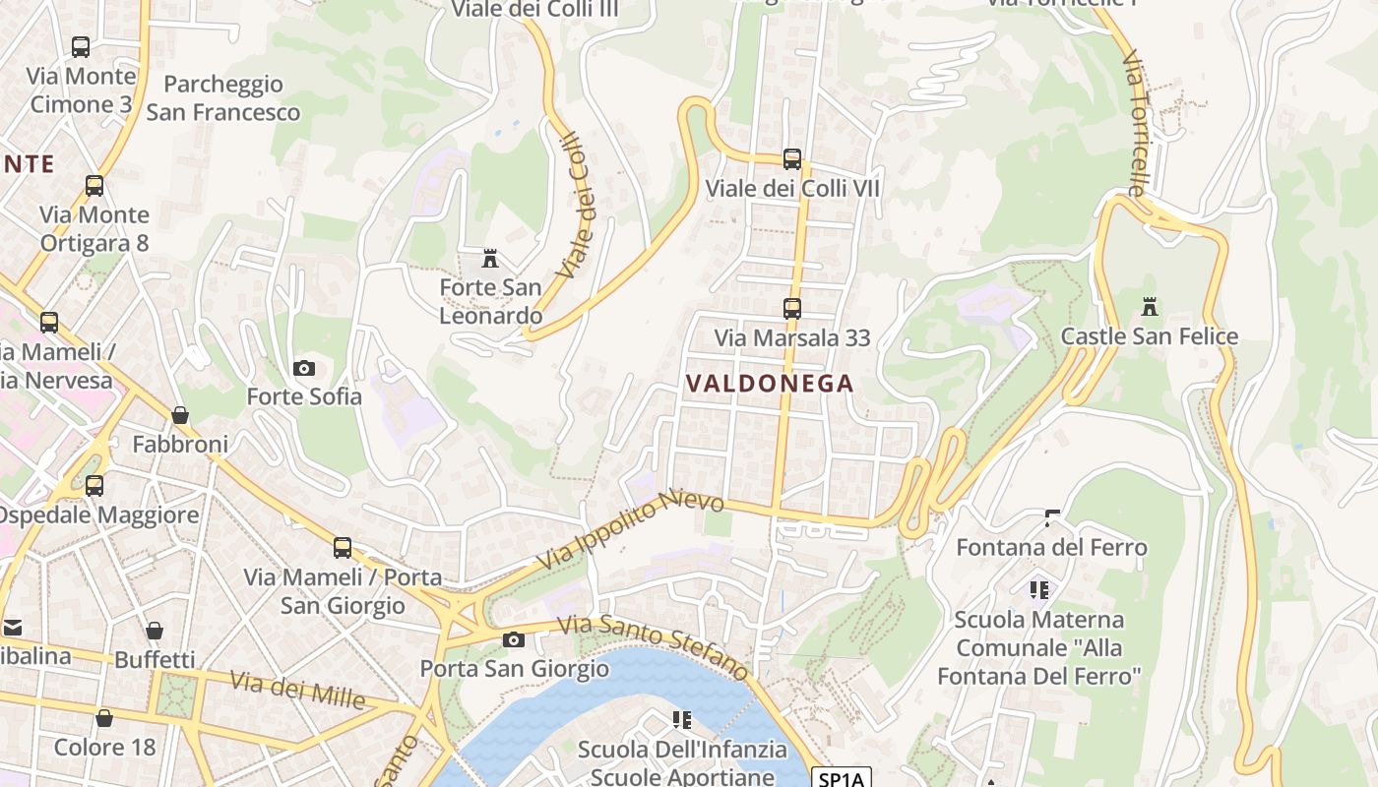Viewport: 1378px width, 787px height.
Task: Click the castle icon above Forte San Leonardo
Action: pyautogui.click(x=489, y=259)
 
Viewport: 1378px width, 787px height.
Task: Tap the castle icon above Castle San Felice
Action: pyautogui.click(x=1149, y=307)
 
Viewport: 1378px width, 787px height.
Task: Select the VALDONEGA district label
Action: pyautogui.click(x=769, y=384)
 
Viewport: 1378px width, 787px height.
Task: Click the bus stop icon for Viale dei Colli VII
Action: pyautogui.click(x=791, y=159)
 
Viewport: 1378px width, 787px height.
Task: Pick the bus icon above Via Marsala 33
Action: pyautogui.click(x=791, y=309)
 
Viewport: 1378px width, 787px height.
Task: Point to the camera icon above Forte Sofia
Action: pyautogui.click(x=304, y=368)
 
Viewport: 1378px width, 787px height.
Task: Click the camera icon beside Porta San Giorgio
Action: pyautogui.click(x=513, y=639)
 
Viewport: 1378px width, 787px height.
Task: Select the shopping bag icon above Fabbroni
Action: pyautogui.click(x=180, y=415)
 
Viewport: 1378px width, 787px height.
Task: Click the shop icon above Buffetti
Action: pyautogui.click(x=154, y=631)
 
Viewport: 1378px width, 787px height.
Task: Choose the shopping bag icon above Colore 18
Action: pyautogui.click(x=104, y=718)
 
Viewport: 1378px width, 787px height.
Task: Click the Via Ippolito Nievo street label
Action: pyautogui.click(x=630, y=531)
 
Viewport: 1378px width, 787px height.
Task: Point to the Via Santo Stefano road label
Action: pyautogui.click(x=654, y=646)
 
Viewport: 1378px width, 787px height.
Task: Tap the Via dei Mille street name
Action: pyautogui.click(x=297, y=690)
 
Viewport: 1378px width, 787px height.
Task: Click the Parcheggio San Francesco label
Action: pyautogui.click(x=223, y=98)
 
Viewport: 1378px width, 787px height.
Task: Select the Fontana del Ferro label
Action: pyautogui.click(x=1051, y=547)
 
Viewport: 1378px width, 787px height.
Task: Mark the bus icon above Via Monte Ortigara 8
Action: pyautogui.click(x=94, y=185)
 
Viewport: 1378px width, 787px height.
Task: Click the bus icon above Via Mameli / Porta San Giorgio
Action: pyautogui.click(x=342, y=548)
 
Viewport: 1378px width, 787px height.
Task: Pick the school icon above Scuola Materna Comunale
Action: pyautogui.click(x=1038, y=590)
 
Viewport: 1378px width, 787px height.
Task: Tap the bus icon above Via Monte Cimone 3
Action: pyautogui.click(x=81, y=46)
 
